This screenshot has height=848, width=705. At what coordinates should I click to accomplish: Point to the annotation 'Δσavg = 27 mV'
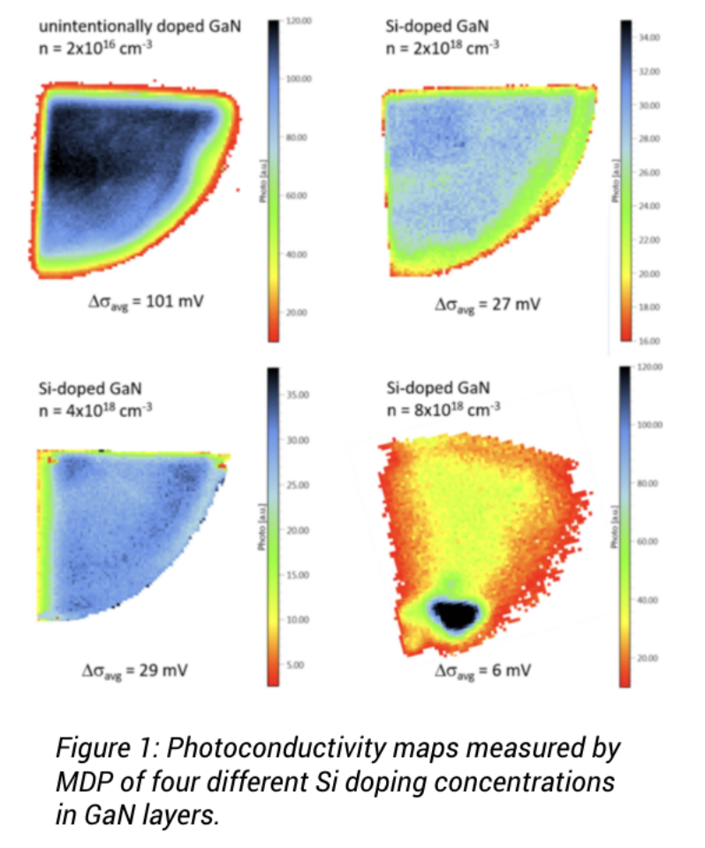click(x=489, y=305)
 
